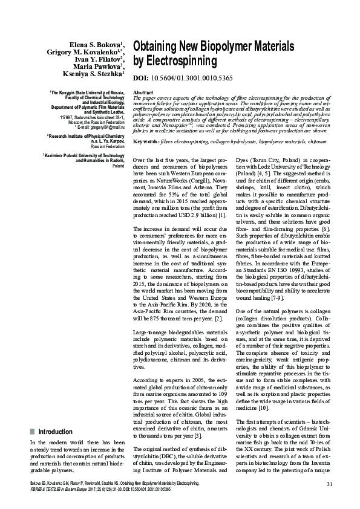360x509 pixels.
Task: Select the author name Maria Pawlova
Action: point(97,66)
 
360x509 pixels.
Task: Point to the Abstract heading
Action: point(142,92)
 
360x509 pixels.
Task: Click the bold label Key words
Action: point(146,141)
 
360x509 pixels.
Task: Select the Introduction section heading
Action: point(56,432)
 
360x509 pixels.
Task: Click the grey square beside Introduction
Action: point(32,432)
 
